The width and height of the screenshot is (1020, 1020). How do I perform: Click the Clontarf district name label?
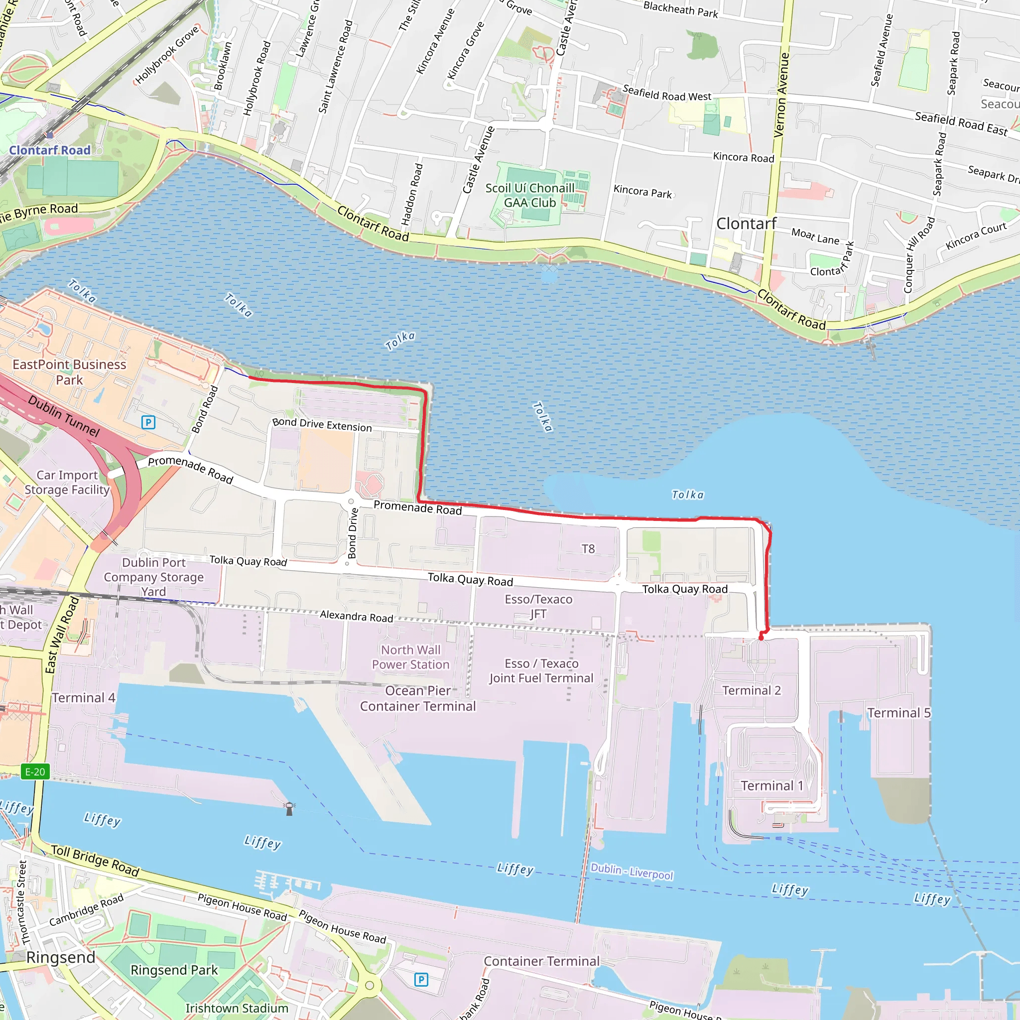pyautogui.click(x=746, y=224)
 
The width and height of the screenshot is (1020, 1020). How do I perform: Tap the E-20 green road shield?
pyautogui.click(x=35, y=772)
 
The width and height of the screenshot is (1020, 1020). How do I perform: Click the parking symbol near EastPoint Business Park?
pyautogui.click(x=148, y=422)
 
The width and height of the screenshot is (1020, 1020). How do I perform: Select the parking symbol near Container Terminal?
pyautogui.click(x=421, y=980)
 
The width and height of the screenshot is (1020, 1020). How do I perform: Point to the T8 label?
pyautogui.click(x=588, y=549)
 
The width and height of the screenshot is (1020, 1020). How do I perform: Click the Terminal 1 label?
pyautogui.click(x=772, y=786)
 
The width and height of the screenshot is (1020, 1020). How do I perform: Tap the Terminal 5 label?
pyautogui.click(x=898, y=713)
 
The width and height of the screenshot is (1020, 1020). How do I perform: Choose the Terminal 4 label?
pyautogui.click(x=83, y=698)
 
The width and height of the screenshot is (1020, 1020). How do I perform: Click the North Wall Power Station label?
pyautogui.click(x=411, y=657)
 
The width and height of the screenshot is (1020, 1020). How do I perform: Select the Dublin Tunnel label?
pyautogui.click(x=64, y=416)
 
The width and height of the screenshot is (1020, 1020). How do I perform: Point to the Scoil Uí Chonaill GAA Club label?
pyautogui.click(x=529, y=195)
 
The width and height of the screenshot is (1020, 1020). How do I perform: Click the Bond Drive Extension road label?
pyautogui.click(x=322, y=424)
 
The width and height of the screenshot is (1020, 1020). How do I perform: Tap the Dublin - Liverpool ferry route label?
pyautogui.click(x=632, y=871)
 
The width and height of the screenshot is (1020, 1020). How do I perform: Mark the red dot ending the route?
pyautogui.click(x=761, y=638)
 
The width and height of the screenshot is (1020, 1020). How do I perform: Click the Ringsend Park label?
pyautogui.click(x=174, y=970)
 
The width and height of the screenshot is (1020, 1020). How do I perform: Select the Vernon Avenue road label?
pyautogui.click(x=781, y=95)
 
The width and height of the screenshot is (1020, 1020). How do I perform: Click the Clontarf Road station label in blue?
pyautogui.click(x=50, y=150)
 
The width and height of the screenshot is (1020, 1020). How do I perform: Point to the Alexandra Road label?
pyautogui.click(x=357, y=616)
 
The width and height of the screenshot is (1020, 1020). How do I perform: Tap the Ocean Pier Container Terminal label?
pyautogui.click(x=417, y=698)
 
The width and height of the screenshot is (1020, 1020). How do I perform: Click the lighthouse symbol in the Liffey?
pyautogui.click(x=289, y=809)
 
